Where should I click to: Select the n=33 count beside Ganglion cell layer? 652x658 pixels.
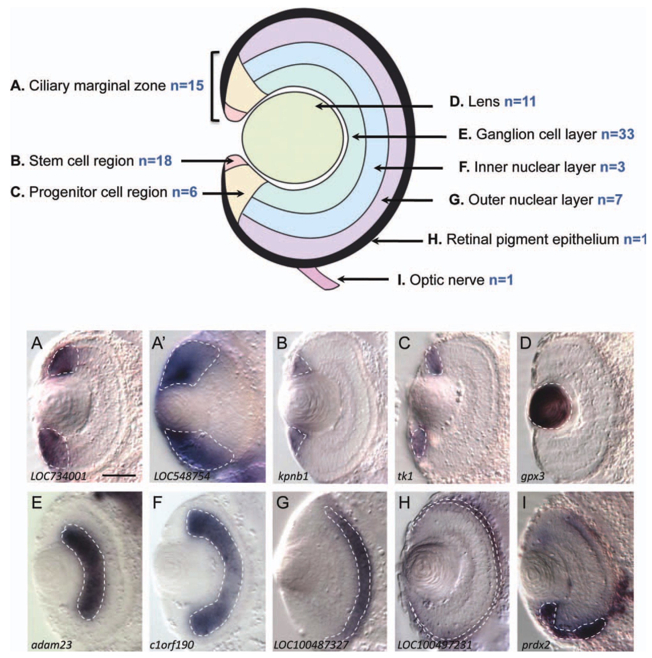(x=617, y=134)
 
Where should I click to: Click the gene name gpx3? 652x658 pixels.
(x=532, y=476)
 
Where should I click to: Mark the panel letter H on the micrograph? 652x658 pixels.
(x=404, y=503)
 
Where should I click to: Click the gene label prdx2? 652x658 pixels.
(x=536, y=645)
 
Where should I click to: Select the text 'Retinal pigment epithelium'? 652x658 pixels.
(x=533, y=239)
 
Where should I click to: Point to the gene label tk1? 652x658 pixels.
(x=405, y=476)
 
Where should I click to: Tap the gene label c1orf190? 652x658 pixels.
(x=172, y=645)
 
